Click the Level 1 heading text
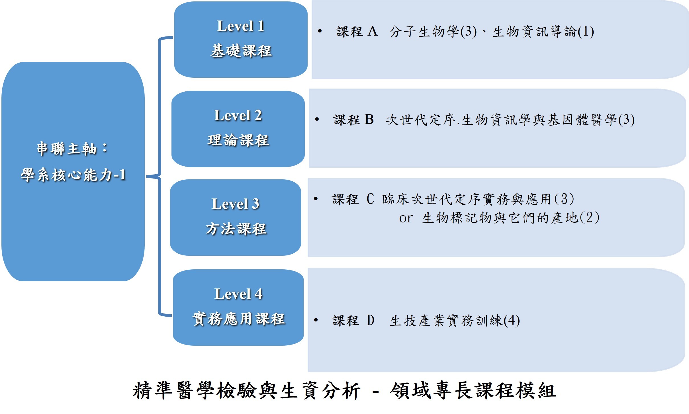tap(241, 26)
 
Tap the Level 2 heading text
tap(238, 115)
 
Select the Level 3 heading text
tap(235, 204)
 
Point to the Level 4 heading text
tap(238, 294)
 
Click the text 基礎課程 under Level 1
tap(241, 51)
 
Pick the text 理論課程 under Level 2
tap(238, 140)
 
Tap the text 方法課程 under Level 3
tap(236, 229)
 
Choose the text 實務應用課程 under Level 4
tap(238, 319)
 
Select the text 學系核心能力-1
tap(73, 175)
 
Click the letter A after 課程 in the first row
tap(373, 31)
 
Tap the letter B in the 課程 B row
tap(369, 120)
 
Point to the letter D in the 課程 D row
tap(370, 320)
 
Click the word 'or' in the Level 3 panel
tap(406, 218)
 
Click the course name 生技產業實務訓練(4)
tap(455, 321)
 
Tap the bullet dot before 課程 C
tap(316, 199)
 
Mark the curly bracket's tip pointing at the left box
tap(146, 177)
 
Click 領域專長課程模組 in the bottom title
tap(473, 390)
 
